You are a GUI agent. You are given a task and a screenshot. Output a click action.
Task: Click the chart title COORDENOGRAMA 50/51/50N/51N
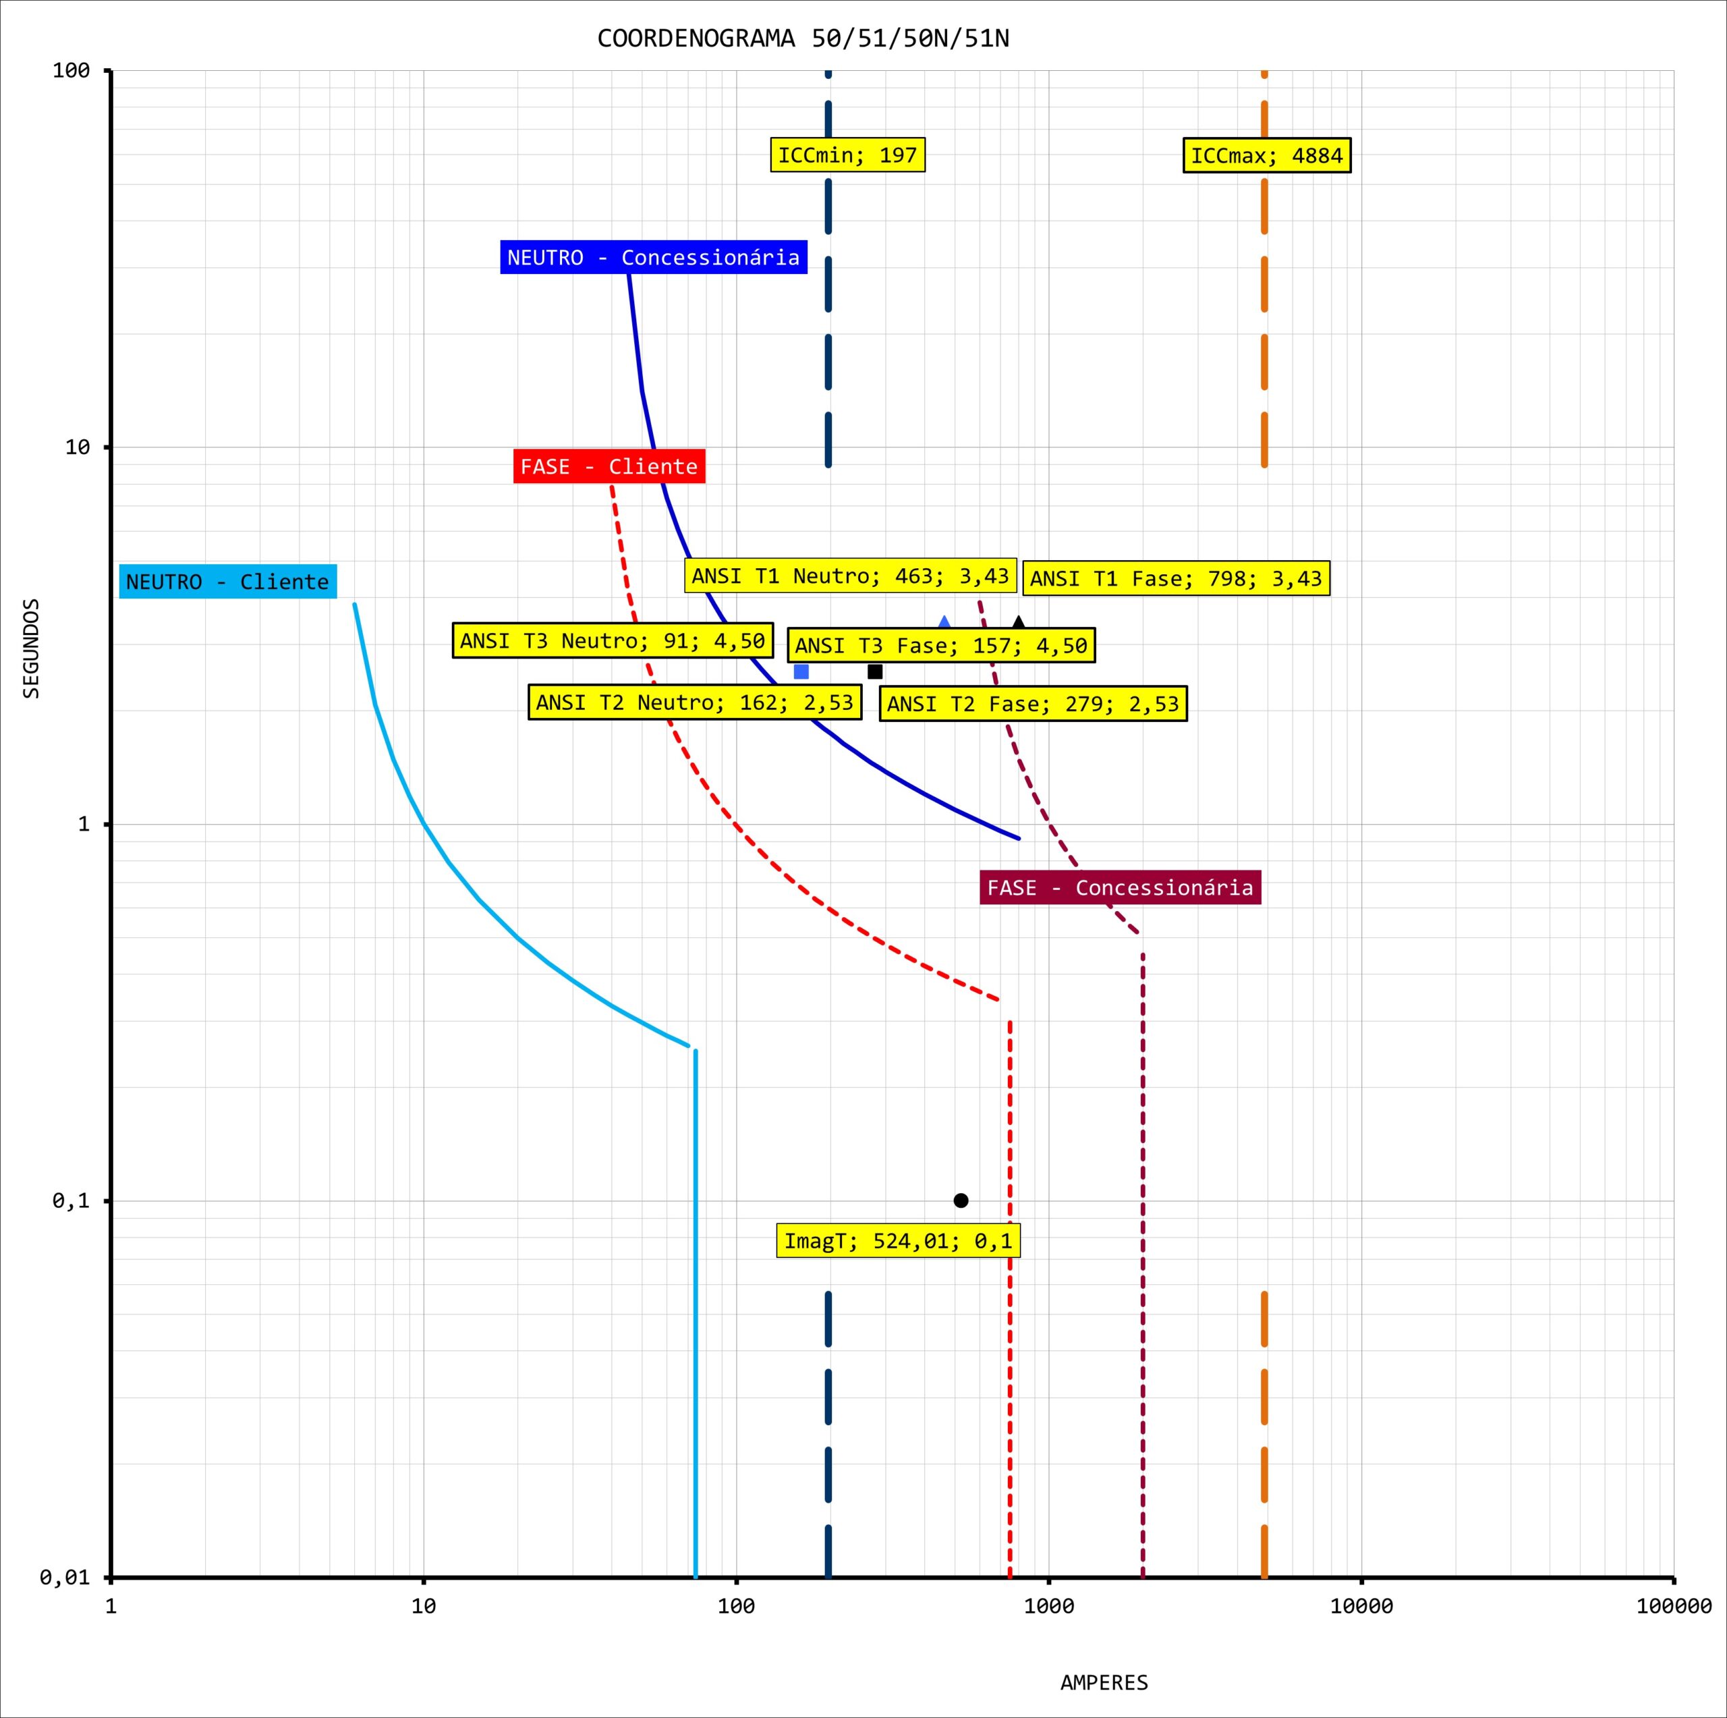(803, 38)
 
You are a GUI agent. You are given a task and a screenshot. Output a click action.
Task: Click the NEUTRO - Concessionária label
(654, 258)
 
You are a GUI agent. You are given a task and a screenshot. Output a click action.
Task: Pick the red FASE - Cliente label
(608, 467)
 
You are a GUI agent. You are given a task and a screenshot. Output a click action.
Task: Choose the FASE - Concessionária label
(1120, 888)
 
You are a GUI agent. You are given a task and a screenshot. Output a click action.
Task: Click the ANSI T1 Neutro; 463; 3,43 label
(850, 576)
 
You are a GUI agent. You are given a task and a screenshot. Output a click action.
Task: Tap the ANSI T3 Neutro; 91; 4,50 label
(613, 641)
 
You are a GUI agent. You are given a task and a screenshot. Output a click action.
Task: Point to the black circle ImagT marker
(961, 1200)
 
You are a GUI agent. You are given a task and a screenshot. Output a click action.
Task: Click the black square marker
(875, 671)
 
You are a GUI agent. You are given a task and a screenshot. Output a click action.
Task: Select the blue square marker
(801, 671)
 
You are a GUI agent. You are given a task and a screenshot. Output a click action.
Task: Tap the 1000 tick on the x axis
(1048, 1606)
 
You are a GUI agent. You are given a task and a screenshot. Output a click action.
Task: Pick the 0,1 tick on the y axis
(72, 1200)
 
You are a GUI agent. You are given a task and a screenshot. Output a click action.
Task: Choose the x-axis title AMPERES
(1104, 1682)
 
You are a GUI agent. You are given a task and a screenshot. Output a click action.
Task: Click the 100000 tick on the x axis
(1673, 1606)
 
